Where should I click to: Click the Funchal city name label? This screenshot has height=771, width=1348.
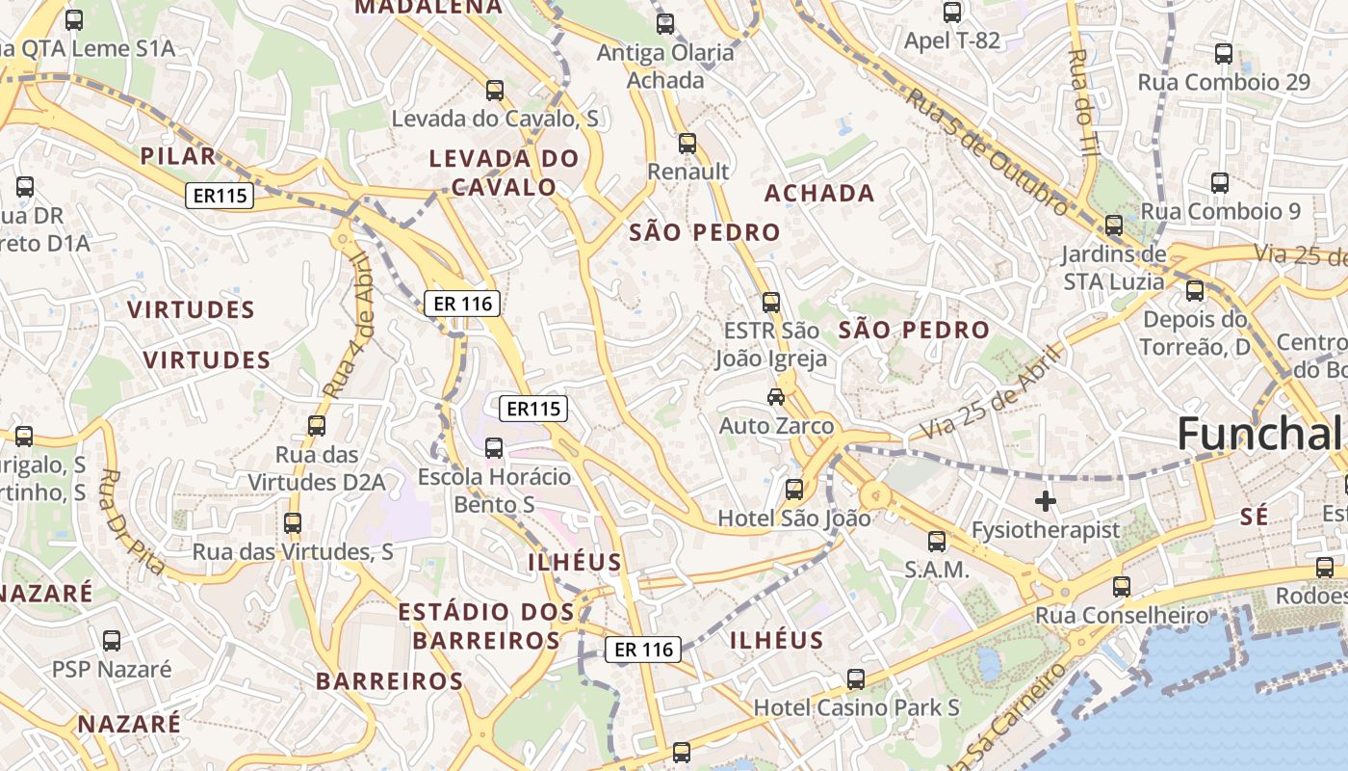click(x=1259, y=434)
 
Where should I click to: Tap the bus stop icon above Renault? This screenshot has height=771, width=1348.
click(x=687, y=144)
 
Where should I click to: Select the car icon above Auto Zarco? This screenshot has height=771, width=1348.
click(x=775, y=396)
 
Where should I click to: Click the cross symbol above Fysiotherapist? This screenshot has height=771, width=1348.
click(x=1045, y=500)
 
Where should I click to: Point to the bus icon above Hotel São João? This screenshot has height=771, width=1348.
click(x=793, y=490)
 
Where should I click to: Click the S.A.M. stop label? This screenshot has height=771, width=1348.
click(x=936, y=569)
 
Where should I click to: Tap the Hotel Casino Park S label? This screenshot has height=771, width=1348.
click(x=856, y=707)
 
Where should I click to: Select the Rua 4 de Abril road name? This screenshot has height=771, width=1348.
click(x=348, y=326)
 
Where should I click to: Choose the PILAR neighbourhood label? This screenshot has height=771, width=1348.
click(x=178, y=156)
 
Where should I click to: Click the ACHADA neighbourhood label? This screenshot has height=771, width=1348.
click(x=819, y=193)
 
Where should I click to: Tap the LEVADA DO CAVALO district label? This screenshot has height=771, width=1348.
click(x=504, y=173)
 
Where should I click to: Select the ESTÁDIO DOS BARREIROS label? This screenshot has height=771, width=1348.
click(x=486, y=625)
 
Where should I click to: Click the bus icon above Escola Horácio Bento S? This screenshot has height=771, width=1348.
click(x=494, y=447)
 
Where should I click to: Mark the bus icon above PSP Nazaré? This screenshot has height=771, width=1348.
click(x=112, y=640)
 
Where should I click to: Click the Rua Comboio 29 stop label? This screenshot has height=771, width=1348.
click(x=1224, y=82)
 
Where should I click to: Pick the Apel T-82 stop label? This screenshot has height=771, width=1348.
click(x=951, y=40)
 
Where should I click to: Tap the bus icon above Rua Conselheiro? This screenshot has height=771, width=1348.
click(x=1121, y=586)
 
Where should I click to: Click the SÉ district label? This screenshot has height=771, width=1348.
click(x=1255, y=517)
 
